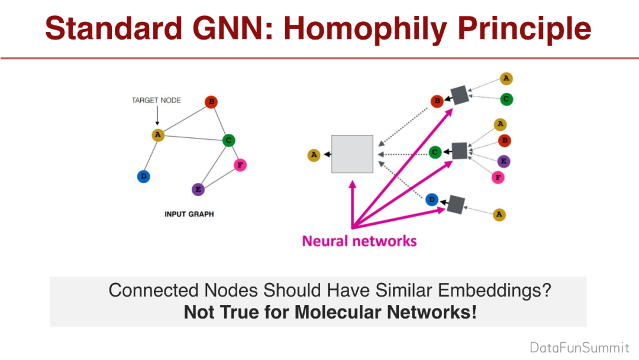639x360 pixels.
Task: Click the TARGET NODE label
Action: (157, 101)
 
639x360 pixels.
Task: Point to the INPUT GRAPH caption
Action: (189, 214)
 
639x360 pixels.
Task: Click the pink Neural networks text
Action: (359, 241)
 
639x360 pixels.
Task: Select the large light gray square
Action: (352, 154)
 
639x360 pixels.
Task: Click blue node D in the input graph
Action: (143, 176)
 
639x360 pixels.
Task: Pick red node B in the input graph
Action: (211, 102)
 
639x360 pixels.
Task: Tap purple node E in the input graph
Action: (198, 189)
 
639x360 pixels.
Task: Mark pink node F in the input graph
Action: (240, 165)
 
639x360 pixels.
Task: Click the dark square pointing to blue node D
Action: (456, 204)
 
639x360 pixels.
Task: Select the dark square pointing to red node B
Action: (459, 95)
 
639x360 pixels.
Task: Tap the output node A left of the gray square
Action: (314, 155)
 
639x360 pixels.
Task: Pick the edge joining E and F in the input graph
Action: (219, 178)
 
